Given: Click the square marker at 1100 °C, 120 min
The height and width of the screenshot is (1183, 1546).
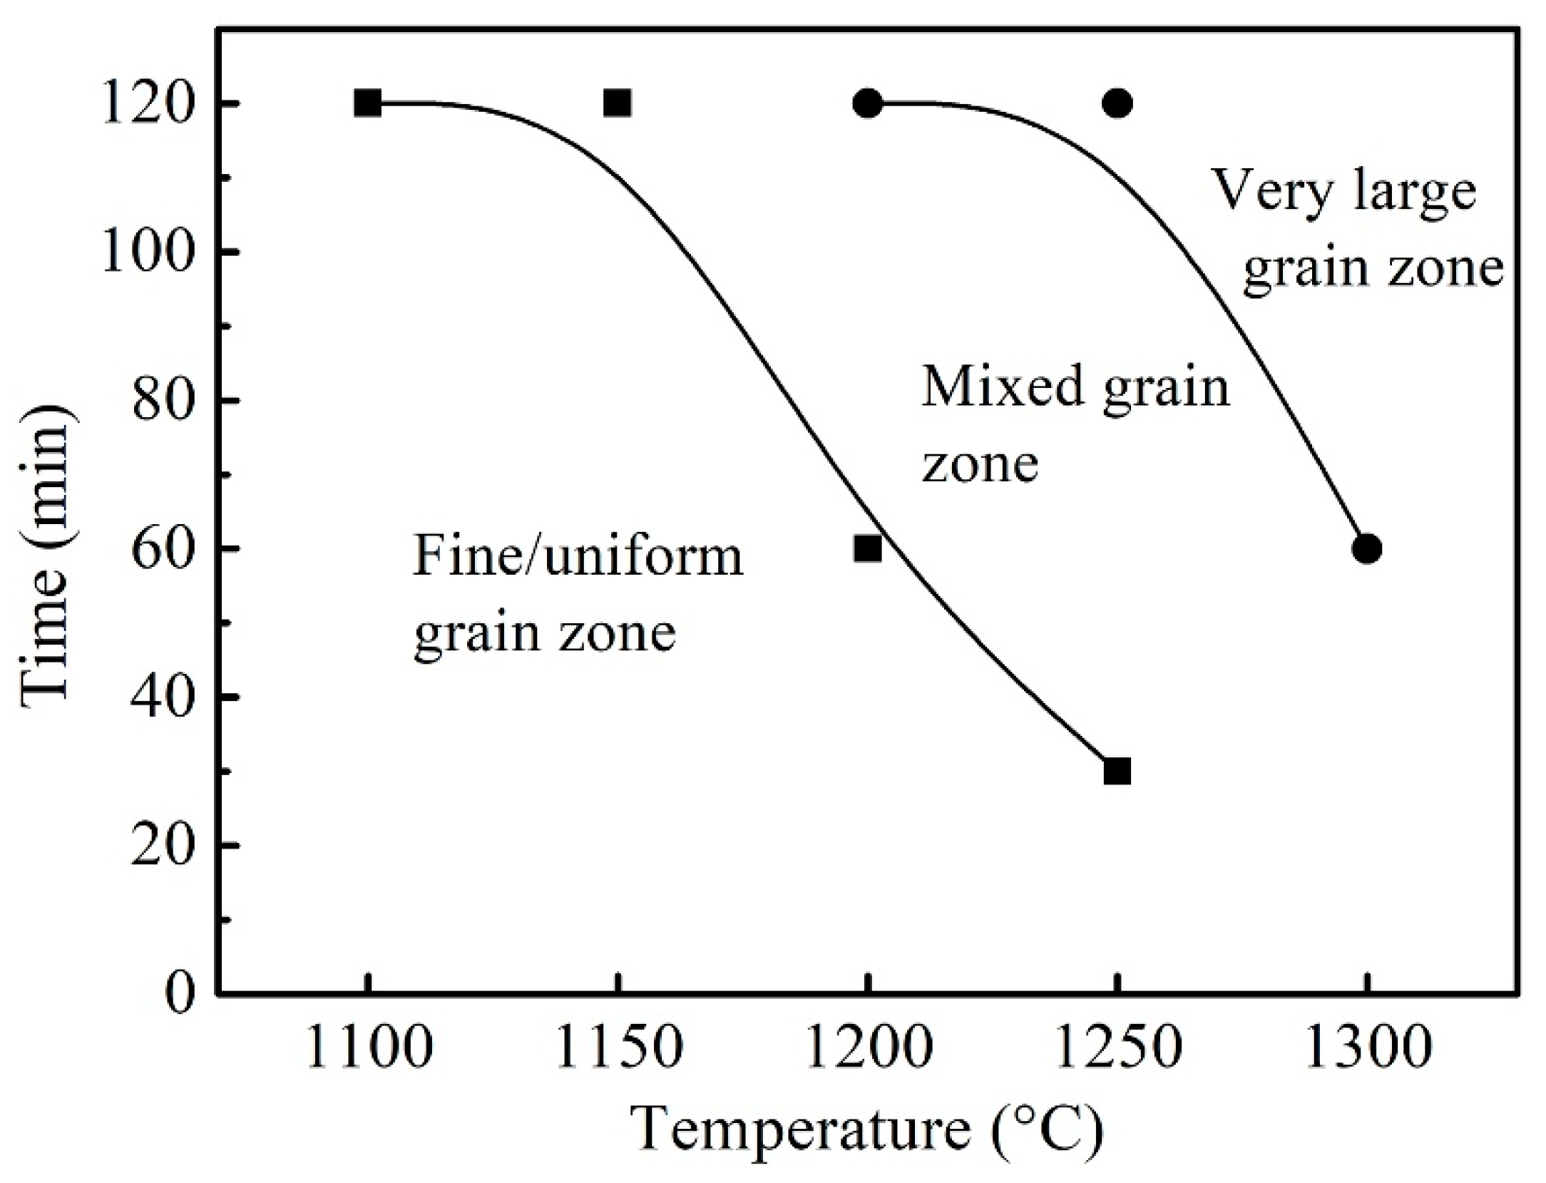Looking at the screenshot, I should (368, 103).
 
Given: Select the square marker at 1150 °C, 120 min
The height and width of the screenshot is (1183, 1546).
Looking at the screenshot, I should (618, 103).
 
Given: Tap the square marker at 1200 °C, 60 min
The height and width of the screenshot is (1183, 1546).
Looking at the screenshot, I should (867, 548).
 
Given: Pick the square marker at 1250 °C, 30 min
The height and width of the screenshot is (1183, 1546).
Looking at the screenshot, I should (1117, 771).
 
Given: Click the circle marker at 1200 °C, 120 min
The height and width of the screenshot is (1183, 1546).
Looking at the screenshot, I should (867, 103).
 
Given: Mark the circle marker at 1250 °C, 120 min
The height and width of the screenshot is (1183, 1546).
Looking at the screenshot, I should (1117, 103).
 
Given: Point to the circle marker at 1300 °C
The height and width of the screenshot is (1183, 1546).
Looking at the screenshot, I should (1366, 548).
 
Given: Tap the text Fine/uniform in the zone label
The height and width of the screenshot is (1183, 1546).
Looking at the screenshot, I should (578, 557).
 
